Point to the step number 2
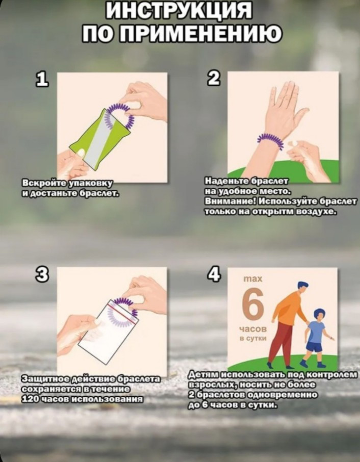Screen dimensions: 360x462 (x=214, y=79)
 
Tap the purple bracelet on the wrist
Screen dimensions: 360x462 (x=271, y=141)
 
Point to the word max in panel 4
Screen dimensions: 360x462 (x=253, y=279)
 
